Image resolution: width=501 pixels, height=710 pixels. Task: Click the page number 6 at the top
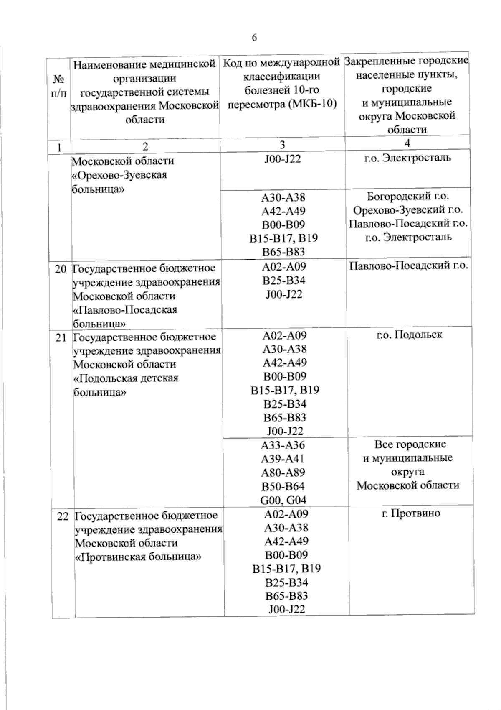[x=254, y=38]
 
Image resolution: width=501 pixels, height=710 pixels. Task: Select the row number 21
[x=61, y=337]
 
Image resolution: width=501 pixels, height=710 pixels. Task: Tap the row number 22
[x=62, y=516]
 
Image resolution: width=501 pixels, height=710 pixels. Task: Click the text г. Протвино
[x=411, y=513]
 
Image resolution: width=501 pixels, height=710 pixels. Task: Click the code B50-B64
[x=283, y=486]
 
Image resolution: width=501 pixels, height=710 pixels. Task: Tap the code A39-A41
[x=283, y=459]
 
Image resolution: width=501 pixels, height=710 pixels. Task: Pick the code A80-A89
[x=283, y=472]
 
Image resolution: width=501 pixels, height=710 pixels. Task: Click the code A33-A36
[x=283, y=445]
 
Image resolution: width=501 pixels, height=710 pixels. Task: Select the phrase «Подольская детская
[x=126, y=378]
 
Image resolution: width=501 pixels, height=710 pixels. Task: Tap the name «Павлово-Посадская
[x=125, y=310]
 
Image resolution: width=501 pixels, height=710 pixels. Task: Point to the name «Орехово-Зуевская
[x=119, y=175]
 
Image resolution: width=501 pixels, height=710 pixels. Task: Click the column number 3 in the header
[x=283, y=145]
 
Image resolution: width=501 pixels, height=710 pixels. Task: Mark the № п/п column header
[x=59, y=86]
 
